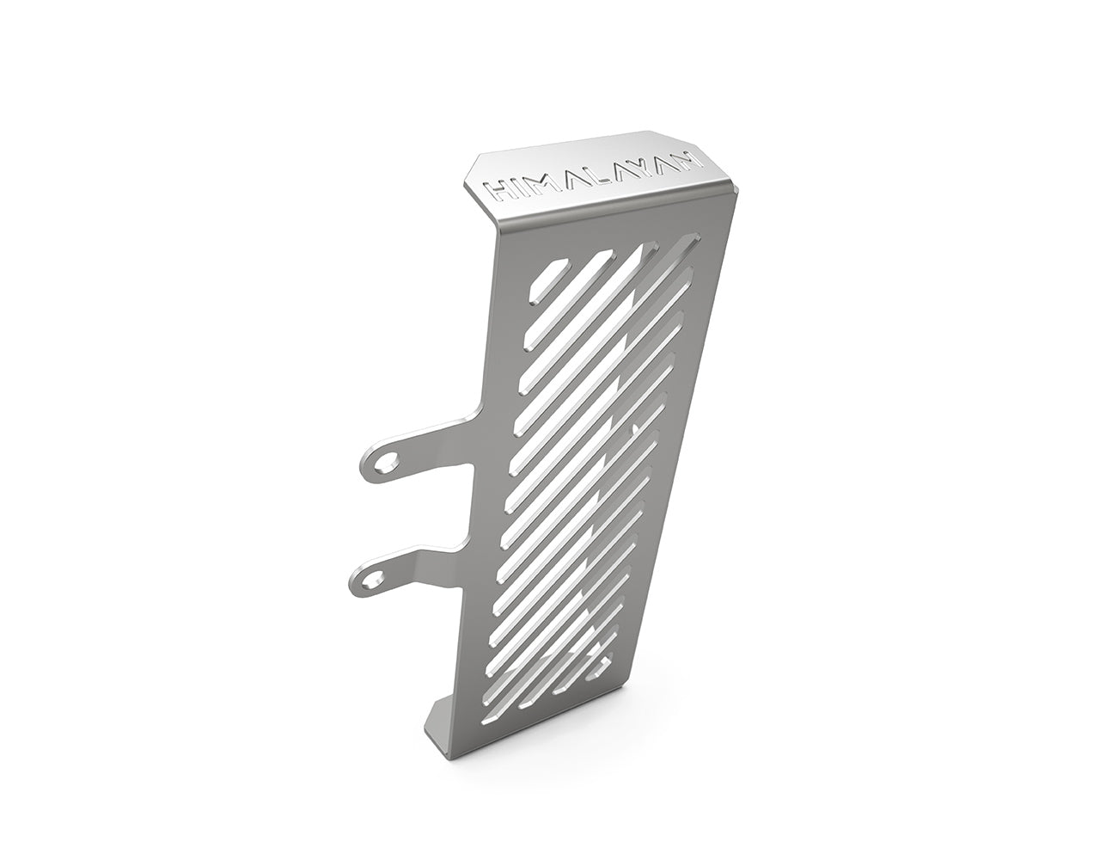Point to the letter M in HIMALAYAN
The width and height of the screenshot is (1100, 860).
tap(539, 184)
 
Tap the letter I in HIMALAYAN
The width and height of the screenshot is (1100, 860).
tap(513, 188)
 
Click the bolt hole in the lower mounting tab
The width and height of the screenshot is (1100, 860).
tap(372, 583)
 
